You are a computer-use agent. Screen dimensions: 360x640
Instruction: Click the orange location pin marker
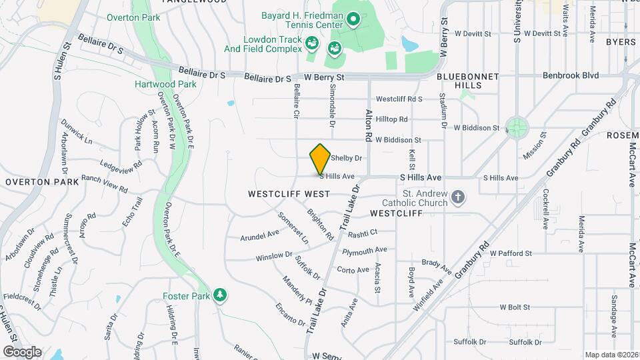pos(321,159)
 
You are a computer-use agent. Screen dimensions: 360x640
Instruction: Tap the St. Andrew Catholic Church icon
pos(457,197)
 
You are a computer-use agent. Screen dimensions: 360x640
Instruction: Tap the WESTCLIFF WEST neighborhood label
pos(289,194)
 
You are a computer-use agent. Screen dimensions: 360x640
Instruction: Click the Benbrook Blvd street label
pos(570,76)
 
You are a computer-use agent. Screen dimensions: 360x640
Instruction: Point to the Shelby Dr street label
pos(347,159)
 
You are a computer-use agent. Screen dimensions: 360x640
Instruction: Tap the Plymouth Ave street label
pos(365,250)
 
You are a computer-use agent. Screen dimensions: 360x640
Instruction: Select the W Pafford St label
pos(511,253)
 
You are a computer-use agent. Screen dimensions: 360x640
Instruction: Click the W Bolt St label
pos(514,307)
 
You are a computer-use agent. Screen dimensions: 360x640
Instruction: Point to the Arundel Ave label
pos(259,235)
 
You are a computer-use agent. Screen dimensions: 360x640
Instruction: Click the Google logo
pos(21,351)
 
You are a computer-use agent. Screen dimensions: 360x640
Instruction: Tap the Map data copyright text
pos(612,355)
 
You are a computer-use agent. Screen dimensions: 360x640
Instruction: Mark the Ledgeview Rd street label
pos(121,163)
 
